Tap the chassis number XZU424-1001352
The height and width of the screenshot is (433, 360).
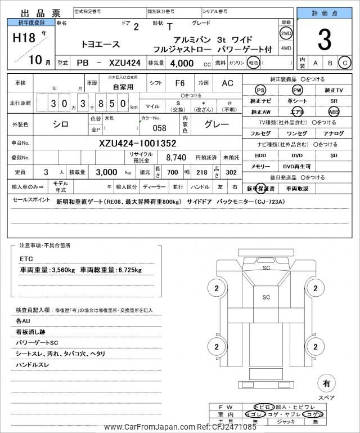(x=138, y=143)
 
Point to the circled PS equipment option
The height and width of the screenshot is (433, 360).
(x=260, y=91)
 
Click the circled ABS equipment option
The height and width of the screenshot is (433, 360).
(x=334, y=111)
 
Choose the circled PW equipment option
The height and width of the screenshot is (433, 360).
(x=296, y=91)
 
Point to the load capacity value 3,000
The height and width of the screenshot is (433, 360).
(x=105, y=172)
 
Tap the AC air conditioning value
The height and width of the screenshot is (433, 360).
(x=227, y=83)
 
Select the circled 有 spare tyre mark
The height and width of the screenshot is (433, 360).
(x=326, y=383)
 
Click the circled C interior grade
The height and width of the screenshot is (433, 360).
(x=344, y=63)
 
